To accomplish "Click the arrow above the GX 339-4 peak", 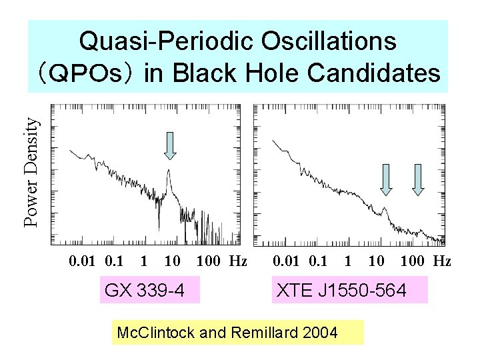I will (x=170, y=146).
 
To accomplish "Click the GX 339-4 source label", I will (x=149, y=291).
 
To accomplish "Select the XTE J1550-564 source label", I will (x=349, y=291).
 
